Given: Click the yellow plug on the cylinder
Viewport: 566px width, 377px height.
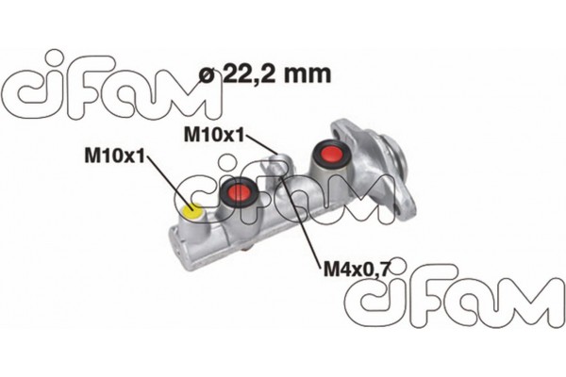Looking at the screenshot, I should [x=192, y=211].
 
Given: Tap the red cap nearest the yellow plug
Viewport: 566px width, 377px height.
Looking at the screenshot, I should [x=240, y=193].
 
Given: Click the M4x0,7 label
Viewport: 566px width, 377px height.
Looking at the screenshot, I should [x=356, y=270].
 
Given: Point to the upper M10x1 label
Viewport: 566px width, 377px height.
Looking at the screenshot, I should [x=214, y=135].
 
